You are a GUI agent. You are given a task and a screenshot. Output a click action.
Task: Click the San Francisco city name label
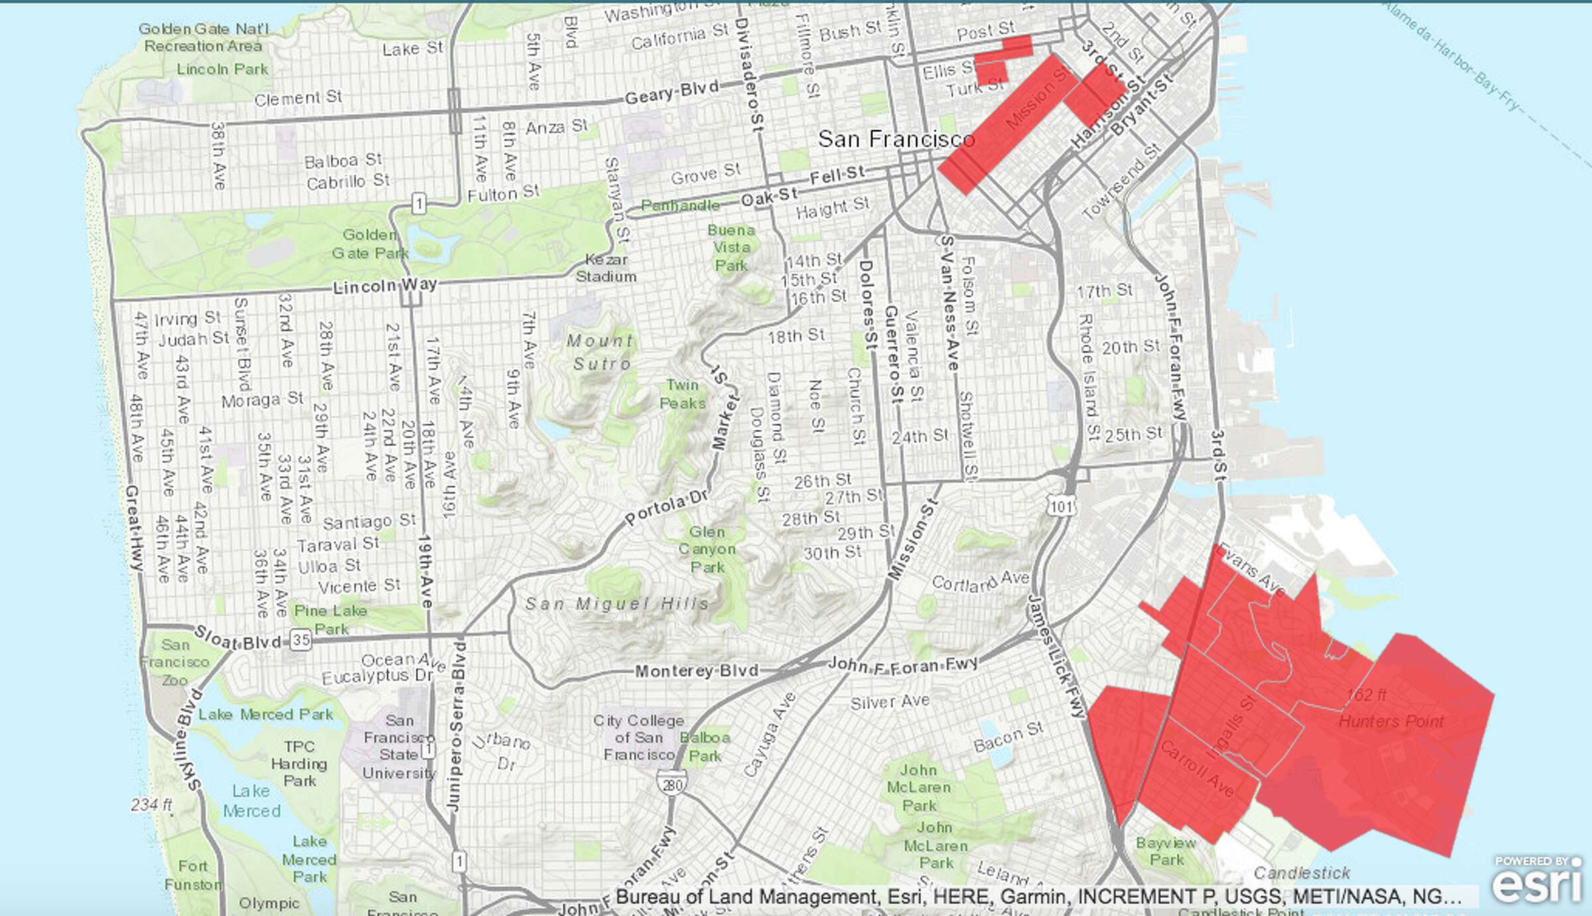[895, 139]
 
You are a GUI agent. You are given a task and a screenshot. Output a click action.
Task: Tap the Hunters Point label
[1391, 721]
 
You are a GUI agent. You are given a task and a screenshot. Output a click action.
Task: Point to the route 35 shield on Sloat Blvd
[301, 640]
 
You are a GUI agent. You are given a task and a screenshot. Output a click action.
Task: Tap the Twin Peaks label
[683, 394]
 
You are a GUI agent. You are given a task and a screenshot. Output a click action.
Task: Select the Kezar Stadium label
[606, 268]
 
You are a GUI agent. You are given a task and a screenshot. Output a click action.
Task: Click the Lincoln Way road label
[385, 287]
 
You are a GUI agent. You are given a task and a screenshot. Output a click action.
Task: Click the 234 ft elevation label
[152, 805]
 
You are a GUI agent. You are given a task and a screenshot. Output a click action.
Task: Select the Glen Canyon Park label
[707, 549]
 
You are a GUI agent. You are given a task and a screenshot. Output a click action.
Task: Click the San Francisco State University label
[399, 747]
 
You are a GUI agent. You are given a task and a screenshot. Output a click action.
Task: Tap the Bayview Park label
[1165, 852]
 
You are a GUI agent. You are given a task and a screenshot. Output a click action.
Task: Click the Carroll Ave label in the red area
[1197, 769]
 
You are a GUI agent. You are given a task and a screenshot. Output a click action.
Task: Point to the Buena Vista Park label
[731, 247]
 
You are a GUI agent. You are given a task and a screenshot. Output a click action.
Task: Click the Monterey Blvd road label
[696, 671]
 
